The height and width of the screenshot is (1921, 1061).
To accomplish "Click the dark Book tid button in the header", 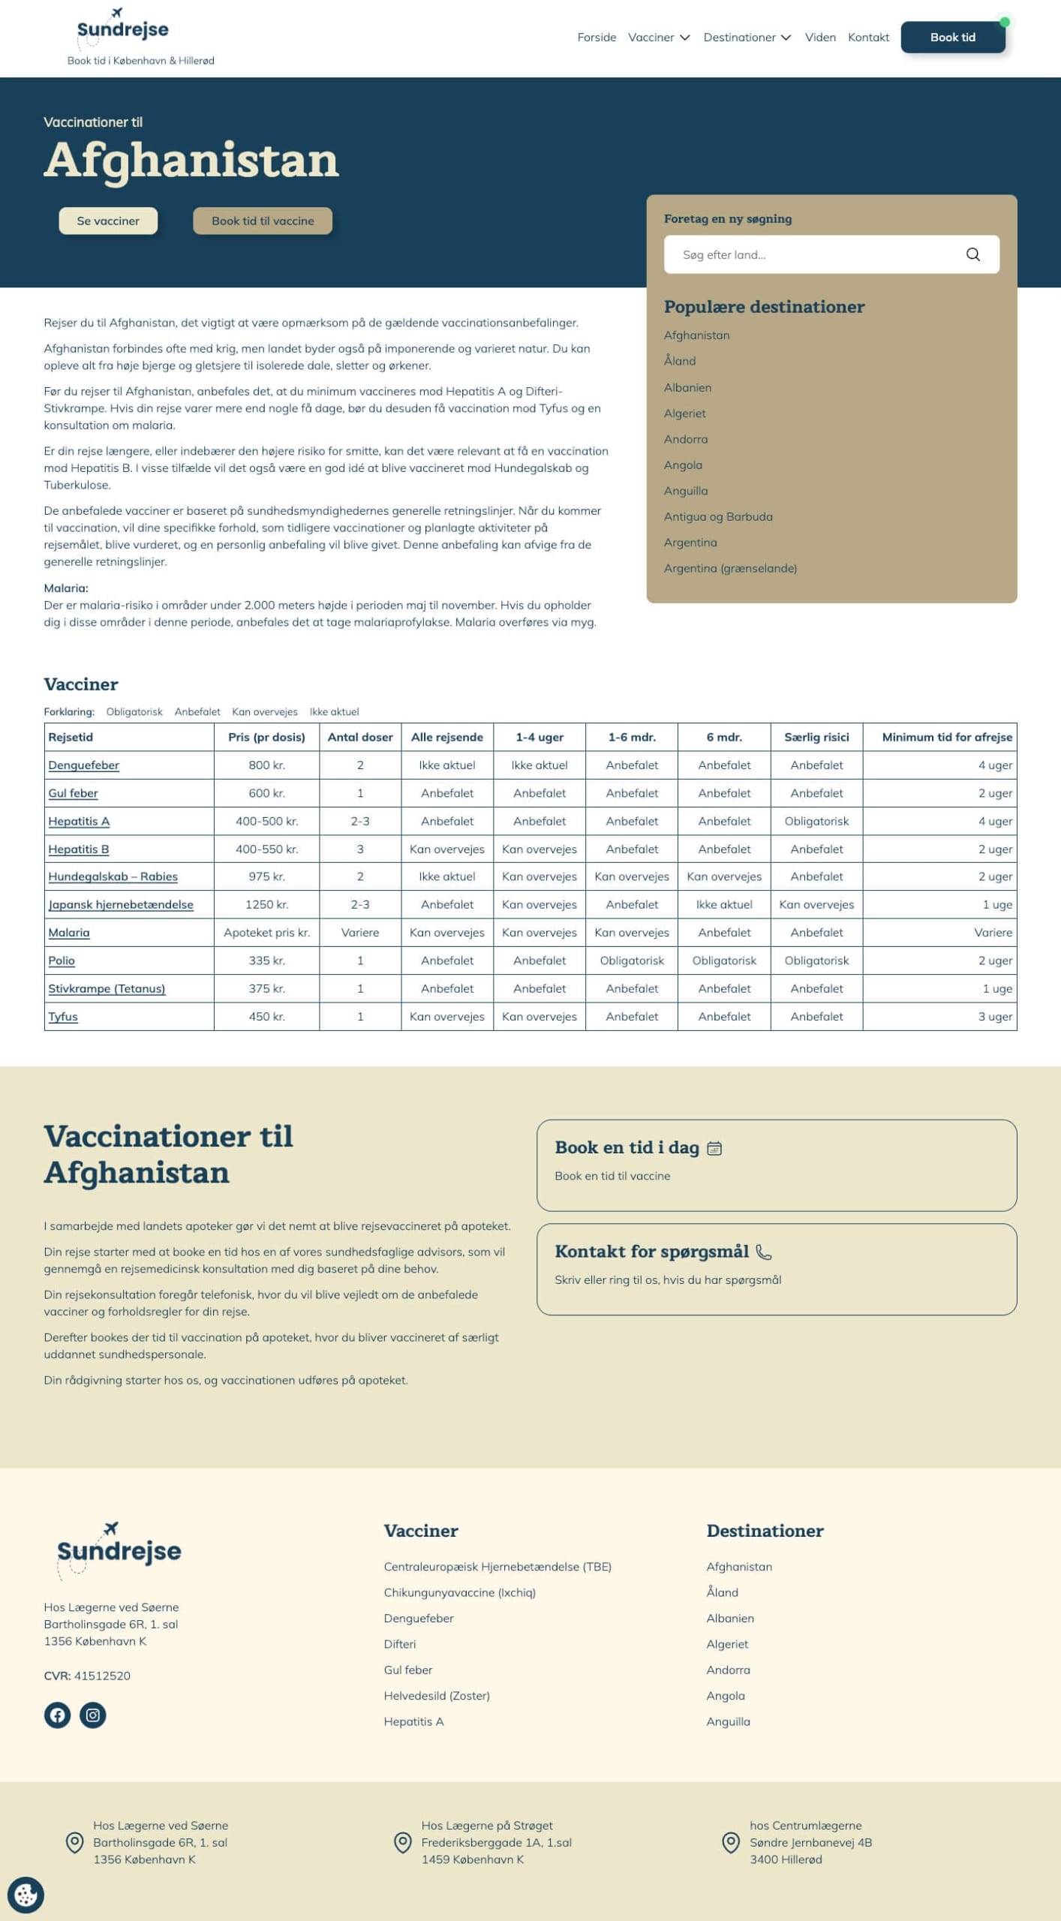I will (x=952, y=38).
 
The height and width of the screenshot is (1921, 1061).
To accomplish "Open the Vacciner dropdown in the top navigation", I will (x=658, y=38).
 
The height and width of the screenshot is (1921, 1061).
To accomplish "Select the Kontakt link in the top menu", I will (x=868, y=38).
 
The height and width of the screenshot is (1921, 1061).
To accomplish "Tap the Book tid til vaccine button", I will (x=263, y=221).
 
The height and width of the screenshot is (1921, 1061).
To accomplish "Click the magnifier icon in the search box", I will (x=972, y=254).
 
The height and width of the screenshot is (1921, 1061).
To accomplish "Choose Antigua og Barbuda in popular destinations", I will (x=718, y=517).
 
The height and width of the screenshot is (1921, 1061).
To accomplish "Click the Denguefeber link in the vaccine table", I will (x=84, y=765).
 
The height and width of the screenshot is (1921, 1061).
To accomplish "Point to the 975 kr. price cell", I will (x=266, y=876).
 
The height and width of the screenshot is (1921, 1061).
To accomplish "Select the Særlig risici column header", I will (x=816, y=737).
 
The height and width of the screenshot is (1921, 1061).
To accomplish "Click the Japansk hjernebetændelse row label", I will (x=121, y=905).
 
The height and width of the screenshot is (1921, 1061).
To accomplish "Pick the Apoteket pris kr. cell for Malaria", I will (x=266, y=933).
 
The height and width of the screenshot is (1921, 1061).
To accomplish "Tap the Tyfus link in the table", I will (x=63, y=1017).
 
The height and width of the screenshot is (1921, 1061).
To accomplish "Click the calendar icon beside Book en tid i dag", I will (x=714, y=1148).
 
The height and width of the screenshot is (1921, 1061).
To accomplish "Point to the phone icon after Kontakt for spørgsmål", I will (x=763, y=1252).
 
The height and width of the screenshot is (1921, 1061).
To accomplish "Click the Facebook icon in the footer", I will (x=57, y=1715).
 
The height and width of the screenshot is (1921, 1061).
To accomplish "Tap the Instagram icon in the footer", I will (x=93, y=1715).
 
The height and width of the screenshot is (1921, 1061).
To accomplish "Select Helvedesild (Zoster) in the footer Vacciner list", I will (x=437, y=1696).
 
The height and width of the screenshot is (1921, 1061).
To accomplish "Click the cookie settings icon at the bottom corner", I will (x=26, y=1895).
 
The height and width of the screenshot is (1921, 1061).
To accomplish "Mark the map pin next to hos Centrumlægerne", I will (x=730, y=1842).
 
